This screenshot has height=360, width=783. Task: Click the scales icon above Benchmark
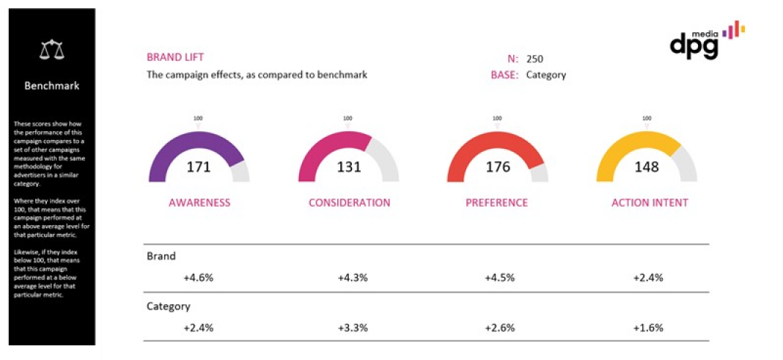(51, 50)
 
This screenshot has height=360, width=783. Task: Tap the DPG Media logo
(705, 41)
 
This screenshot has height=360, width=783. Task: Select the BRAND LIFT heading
(175, 57)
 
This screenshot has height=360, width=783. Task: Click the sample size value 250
(534, 59)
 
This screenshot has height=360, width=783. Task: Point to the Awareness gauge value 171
(199, 167)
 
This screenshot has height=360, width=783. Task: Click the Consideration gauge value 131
(349, 167)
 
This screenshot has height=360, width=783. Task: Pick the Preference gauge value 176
(498, 167)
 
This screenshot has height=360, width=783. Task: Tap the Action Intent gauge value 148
(646, 167)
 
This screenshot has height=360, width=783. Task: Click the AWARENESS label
(199, 202)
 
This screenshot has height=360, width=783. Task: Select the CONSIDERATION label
(349, 202)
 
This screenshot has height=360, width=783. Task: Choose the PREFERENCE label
(497, 202)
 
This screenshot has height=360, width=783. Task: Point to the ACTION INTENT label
(650, 202)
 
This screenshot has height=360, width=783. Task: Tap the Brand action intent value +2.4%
(648, 278)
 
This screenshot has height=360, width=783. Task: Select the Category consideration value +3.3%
(353, 328)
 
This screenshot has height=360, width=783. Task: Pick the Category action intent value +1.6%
(648, 328)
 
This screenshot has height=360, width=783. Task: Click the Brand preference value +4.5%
(499, 278)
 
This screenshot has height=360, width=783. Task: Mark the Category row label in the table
(169, 306)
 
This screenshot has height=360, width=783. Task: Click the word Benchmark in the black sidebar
(51, 86)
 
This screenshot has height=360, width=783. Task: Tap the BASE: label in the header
(505, 75)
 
